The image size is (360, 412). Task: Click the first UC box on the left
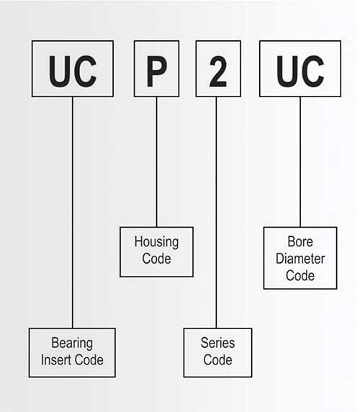point(73,68)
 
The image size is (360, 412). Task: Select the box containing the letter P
point(156,68)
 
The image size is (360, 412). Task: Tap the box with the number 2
point(218,68)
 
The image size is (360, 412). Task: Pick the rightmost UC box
point(300,68)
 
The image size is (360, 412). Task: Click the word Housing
point(156,242)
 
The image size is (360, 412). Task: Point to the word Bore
point(300,241)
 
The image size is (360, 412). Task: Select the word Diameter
point(300,259)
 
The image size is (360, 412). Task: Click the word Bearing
point(72,344)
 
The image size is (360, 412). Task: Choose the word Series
point(217,343)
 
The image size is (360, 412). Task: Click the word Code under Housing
point(156,259)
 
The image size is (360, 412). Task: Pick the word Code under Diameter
point(300,276)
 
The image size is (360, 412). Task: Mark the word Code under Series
point(217,360)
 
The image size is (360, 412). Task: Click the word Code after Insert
point(89,360)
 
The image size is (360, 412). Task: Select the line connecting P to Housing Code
point(157,162)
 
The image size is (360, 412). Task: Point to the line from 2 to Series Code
point(217,212)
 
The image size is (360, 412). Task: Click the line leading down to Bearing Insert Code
point(73,212)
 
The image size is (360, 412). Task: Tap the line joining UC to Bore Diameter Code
point(300,162)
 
